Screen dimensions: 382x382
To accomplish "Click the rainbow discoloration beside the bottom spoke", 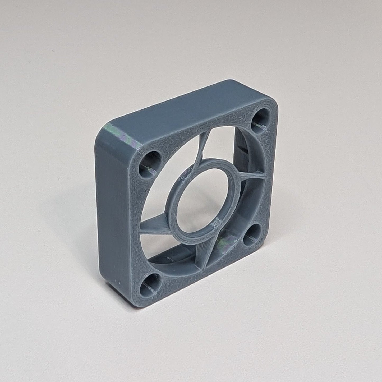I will click(223, 242).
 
